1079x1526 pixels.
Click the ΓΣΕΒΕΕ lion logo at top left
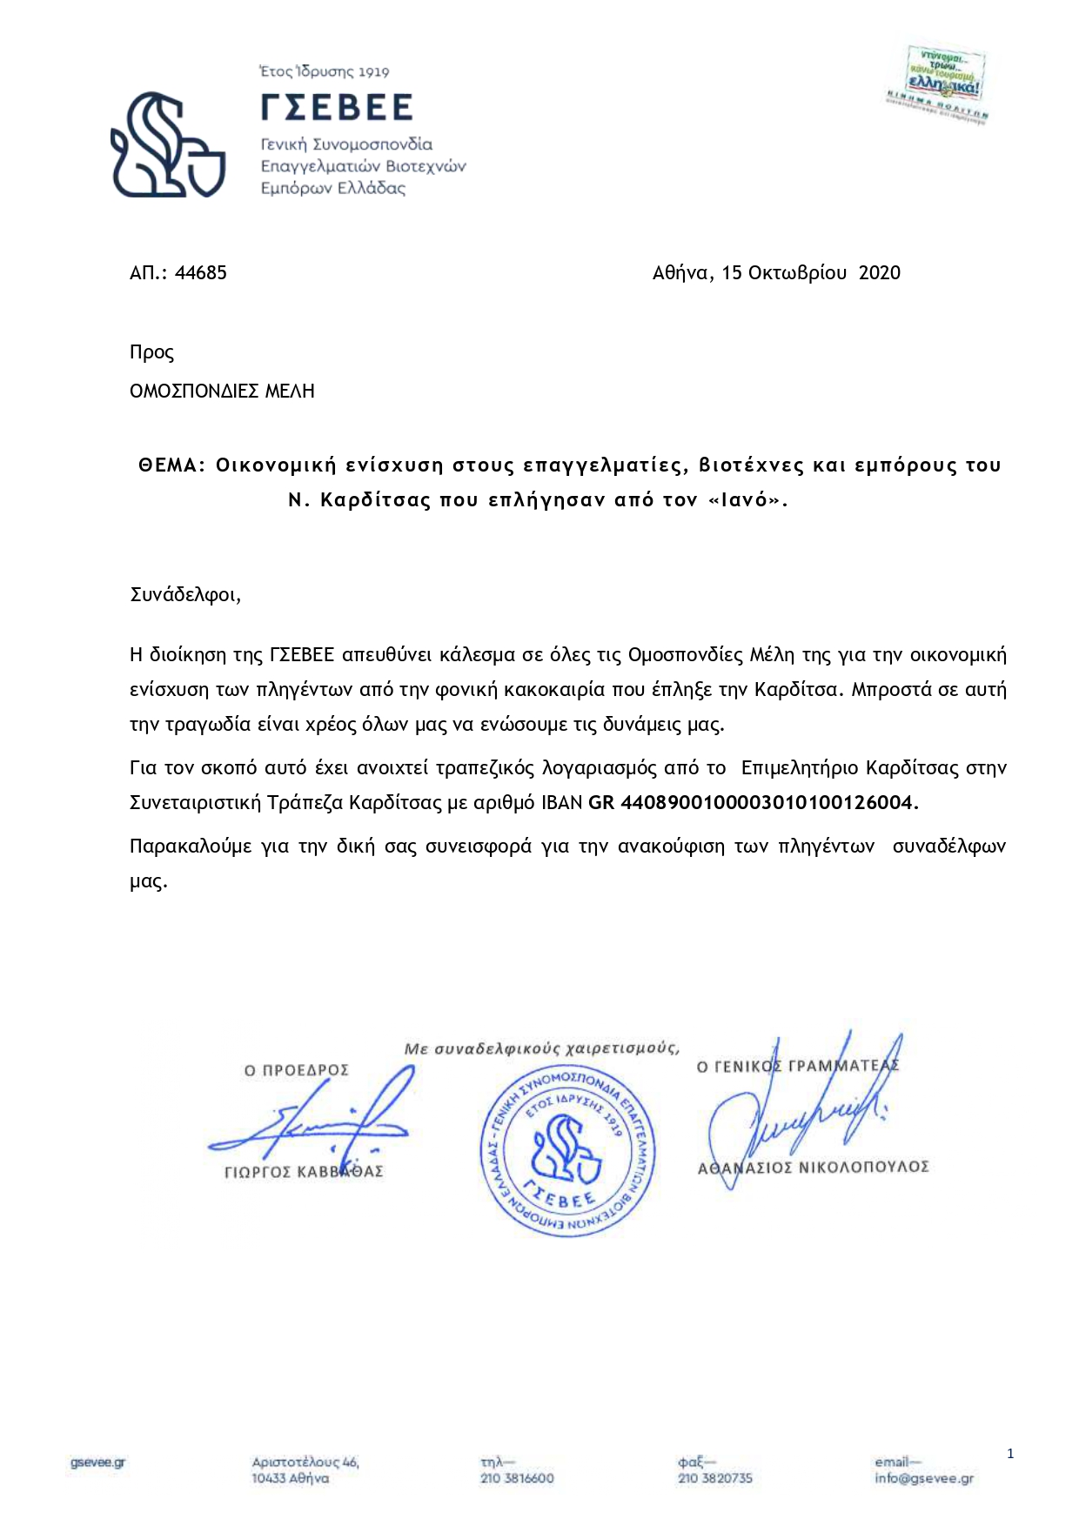tap(168, 144)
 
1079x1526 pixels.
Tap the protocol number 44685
tap(201, 273)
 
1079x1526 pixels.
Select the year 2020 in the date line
tap(879, 273)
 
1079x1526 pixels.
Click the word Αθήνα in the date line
tap(682, 273)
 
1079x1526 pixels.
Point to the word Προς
tap(151, 353)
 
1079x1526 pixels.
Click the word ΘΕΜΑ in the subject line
tap(170, 465)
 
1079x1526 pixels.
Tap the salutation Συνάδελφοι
tap(184, 595)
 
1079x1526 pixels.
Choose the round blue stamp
tap(567, 1147)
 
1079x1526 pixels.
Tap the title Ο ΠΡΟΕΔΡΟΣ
tap(296, 1070)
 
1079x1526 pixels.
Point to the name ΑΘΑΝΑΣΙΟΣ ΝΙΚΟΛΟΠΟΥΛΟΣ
tap(814, 1168)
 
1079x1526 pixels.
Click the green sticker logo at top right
tap(943, 84)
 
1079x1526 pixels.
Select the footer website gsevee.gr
tap(98, 1462)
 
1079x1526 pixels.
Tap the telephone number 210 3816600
tap(517, 1478)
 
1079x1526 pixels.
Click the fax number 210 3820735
tap(714, 1478)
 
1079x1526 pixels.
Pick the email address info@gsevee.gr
tap(924, 1478)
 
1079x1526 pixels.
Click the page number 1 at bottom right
tap(1010, 1453)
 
